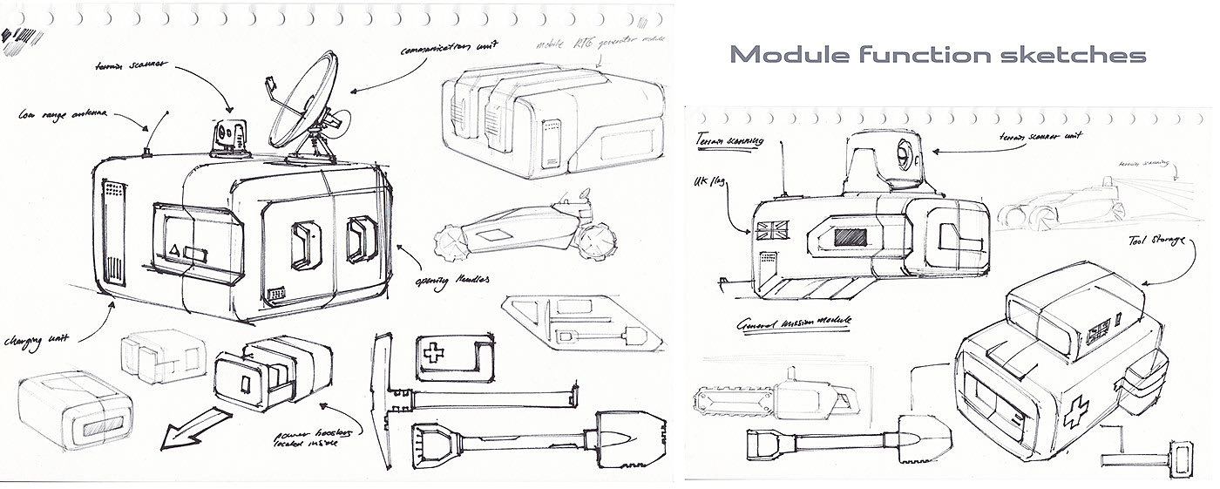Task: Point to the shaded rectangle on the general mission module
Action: pyautogui.click(x=850, y=237)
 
